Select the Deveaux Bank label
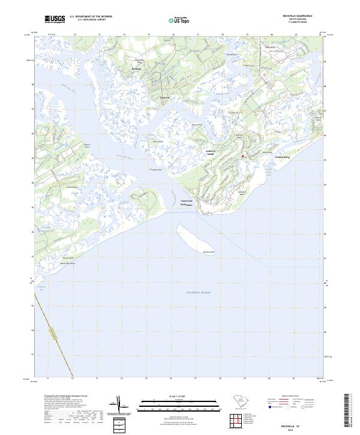click(x=208, y=251)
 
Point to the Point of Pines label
click(x=86, y=145)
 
